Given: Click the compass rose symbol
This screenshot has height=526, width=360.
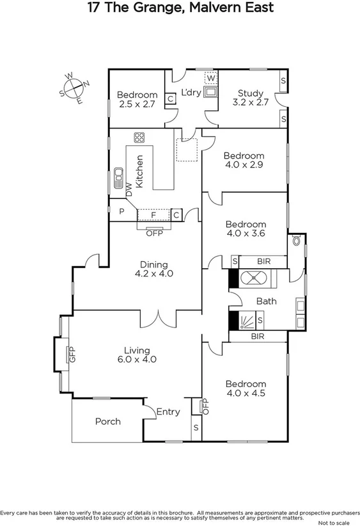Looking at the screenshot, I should pyautogui.click(x=75, y=88).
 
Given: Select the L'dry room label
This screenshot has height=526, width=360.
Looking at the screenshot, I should pyautogui.click(x=191, y=93).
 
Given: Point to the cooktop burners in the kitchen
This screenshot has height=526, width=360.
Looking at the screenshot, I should pyautogui.click(x=139, y=137).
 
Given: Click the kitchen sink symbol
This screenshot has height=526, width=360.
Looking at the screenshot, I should pyautogui.click(x=118, y=179).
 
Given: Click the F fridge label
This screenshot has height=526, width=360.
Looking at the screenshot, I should pyautogui.click(x=153, y=214).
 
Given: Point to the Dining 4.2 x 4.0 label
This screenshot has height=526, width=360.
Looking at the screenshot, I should pyautogui.click(x=154, y=269).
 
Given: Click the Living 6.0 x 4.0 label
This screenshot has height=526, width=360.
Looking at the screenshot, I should pyautogui.click(x=137, y=355).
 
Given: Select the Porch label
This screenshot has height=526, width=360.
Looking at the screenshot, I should pyautogui.click(x=107, y=421).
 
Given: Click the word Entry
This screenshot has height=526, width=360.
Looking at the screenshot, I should pyautogui.click(x=168, y=412).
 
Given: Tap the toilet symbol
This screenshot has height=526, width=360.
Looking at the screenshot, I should pyautogui.click(x=296, y=241).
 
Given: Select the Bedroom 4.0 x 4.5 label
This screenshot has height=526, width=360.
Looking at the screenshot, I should pyautogui.click(x=246, y=388).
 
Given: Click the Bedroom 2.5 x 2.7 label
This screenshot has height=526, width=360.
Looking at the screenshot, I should pyautogui.click(x=137, y=100).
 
